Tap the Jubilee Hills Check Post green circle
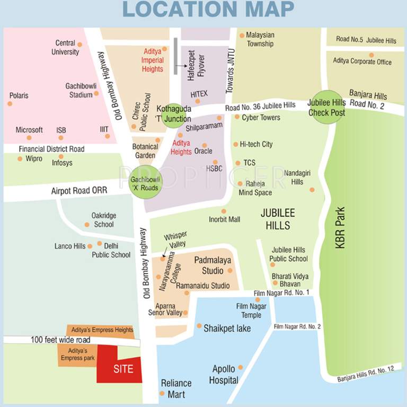tap(326, 108)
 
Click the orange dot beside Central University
tap(79, 45)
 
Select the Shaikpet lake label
tap(227, 329)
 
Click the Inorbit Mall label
tap(224, 219)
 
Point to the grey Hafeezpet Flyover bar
tap(175, 55)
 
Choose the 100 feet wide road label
tap(60, 340)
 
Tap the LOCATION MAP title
tap(203, 10)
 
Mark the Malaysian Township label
tap(260, 39)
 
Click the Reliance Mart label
tap(176, 388)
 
